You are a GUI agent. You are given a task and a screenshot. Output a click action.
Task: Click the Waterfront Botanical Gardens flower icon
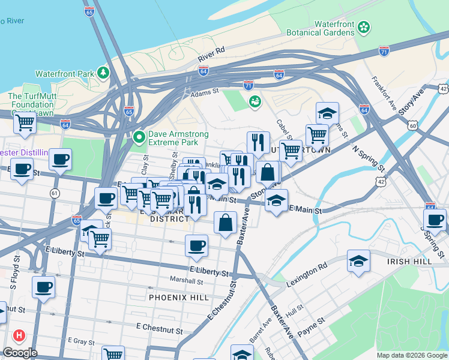(x=364, y=27)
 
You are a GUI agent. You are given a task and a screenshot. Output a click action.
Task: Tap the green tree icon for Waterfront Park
(x=104, y=73)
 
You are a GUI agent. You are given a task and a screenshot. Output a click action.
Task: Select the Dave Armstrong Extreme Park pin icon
(x=139, y=138)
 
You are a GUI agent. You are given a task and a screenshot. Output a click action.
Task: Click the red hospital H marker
(x=20, y=336)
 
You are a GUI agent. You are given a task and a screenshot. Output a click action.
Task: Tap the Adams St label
(x=205, y=93)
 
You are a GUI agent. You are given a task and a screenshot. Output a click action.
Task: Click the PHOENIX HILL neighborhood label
(x=179, y=297)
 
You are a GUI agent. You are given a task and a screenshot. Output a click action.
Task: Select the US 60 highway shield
(x=411, y=125)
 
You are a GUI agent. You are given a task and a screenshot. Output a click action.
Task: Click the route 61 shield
(x=55, y=193)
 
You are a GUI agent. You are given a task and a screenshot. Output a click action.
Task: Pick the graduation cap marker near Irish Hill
(x=358, y=261)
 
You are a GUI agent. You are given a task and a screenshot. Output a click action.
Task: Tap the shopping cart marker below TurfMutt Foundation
(x=25, y=122)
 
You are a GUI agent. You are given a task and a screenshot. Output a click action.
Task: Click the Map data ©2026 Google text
(x=411, y=355)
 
